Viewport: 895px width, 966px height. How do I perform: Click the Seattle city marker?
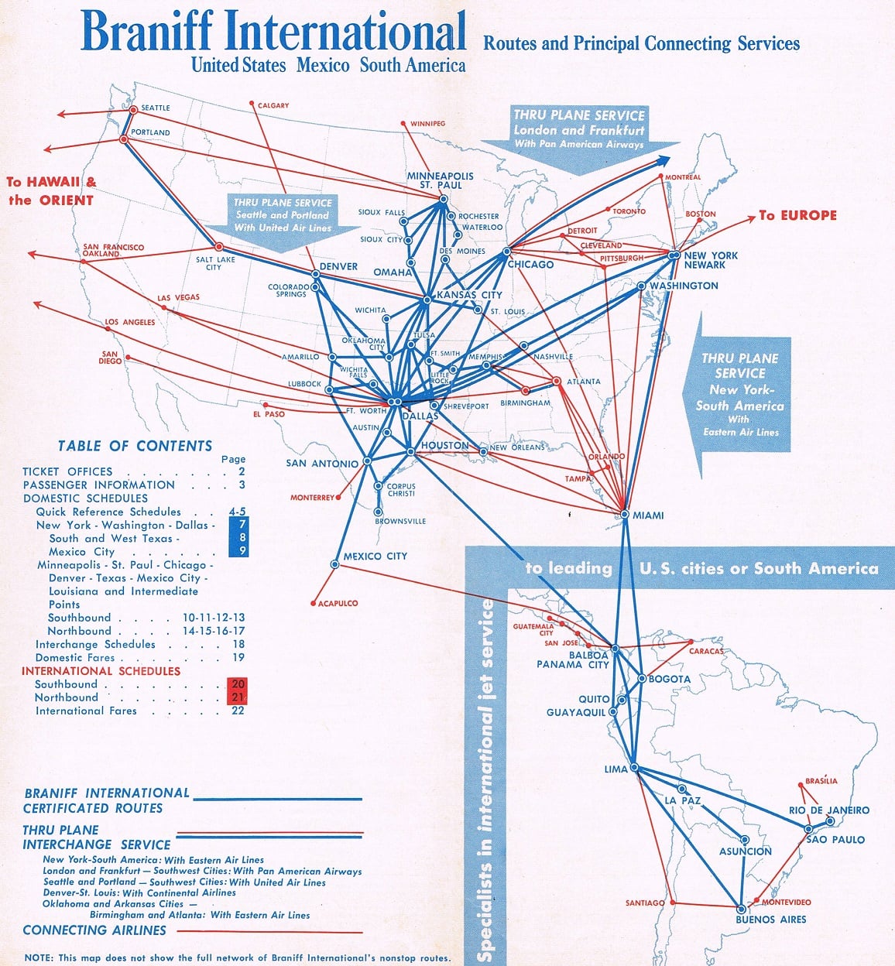[133, 110]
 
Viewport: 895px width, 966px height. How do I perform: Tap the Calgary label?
[273, 105]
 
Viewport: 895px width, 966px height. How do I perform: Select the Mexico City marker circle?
[334, 564]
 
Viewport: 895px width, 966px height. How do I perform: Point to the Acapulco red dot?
[313, 603]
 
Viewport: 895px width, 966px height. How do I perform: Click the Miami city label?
[648, 515]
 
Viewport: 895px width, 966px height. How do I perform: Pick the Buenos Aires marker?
[741, 909]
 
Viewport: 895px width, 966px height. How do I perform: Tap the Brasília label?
[821, 781]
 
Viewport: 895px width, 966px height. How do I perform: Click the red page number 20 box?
[237, 684]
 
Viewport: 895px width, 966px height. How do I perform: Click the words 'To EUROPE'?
[797, 215]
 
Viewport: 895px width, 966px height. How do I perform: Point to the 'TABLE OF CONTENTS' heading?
[135, 446]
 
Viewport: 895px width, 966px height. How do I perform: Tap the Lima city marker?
[634, 767]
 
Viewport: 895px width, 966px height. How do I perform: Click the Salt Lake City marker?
[218, 247]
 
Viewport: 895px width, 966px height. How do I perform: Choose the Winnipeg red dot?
[403, 124]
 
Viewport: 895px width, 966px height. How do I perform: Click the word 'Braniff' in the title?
[147, 31]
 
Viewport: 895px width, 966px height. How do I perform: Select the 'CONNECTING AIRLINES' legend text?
[94, 930]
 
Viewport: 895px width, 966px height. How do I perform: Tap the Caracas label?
[706, 651]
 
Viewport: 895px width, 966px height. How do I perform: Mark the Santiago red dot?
[673, 903]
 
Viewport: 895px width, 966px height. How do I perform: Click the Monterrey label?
[312, 498]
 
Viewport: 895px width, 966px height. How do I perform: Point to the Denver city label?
[339, 266]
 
